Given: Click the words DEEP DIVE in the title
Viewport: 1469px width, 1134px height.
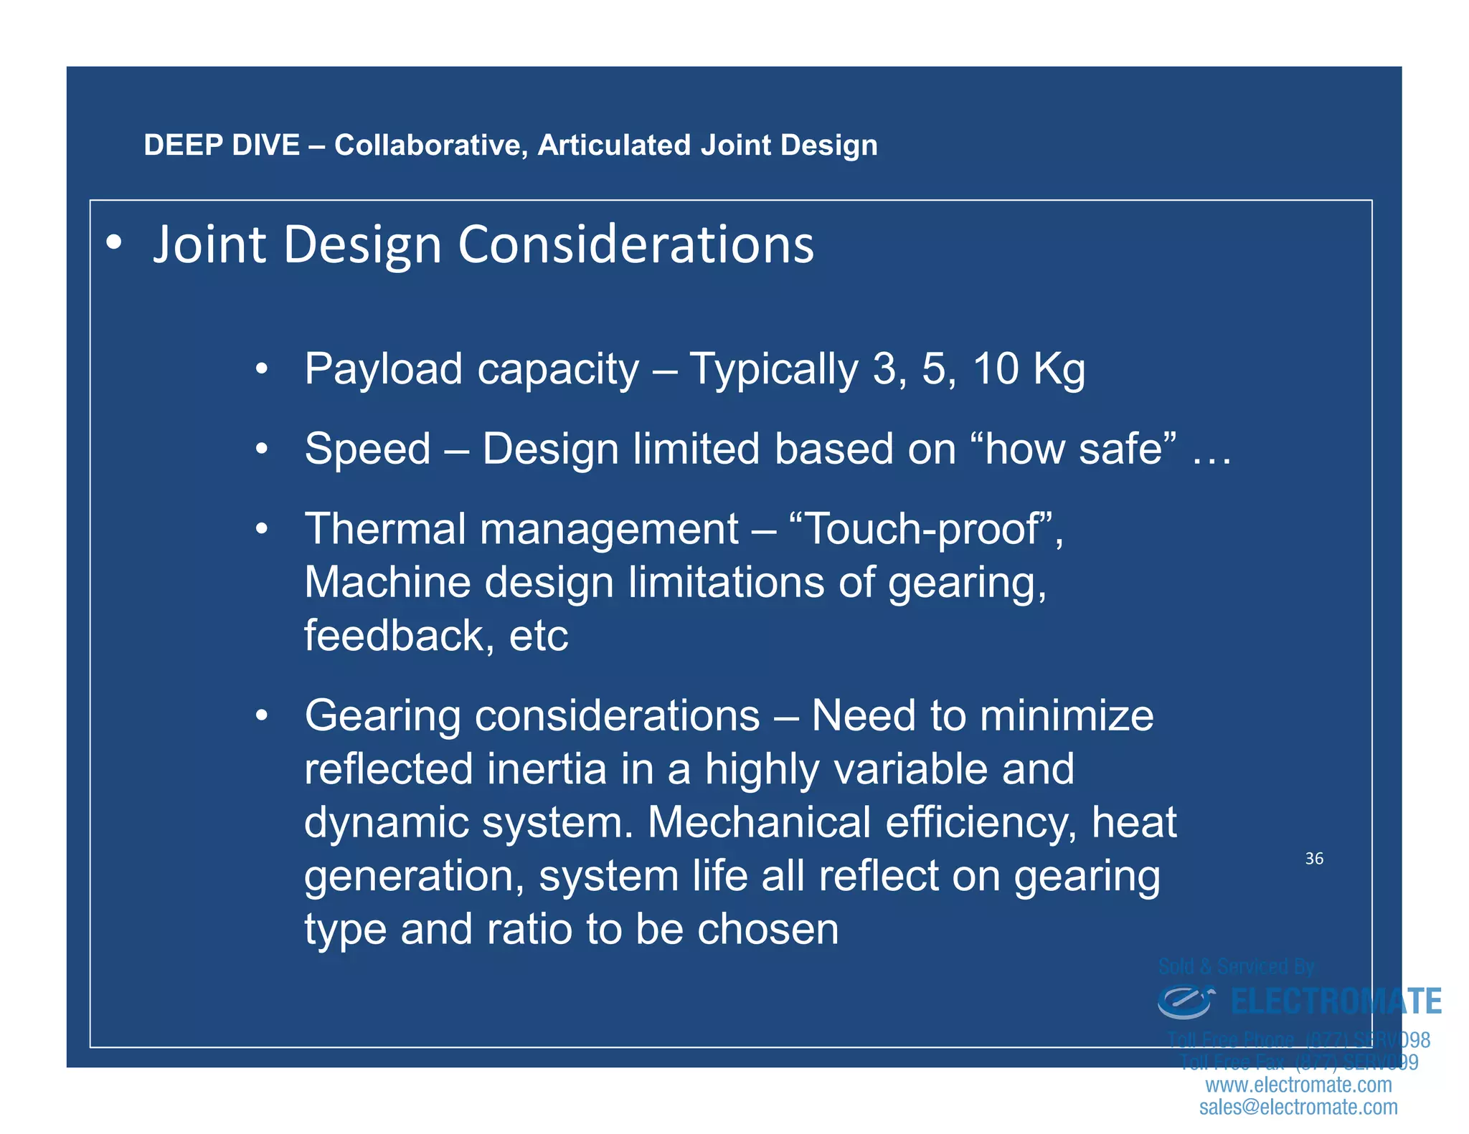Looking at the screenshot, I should tap(221, 146).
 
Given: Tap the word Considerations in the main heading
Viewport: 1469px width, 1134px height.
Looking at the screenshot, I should tap(636, 245).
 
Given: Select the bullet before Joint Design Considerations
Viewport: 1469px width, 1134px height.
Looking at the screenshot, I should tap(113, 244).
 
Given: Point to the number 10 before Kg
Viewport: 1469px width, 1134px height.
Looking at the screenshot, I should tap(995, 369).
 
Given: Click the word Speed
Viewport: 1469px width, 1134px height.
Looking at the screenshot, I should tap(367, 449).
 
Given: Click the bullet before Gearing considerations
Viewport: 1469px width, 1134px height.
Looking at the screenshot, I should tap(262, 715).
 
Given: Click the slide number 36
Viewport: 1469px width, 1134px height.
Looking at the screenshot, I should tap(1313, 859).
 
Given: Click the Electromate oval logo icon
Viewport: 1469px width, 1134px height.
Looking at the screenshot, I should tap(1185, 1001).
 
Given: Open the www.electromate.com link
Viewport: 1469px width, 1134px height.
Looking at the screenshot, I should tap(1298, 1085).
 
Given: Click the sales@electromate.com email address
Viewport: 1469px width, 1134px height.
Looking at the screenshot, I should tap(1298, 1107).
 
